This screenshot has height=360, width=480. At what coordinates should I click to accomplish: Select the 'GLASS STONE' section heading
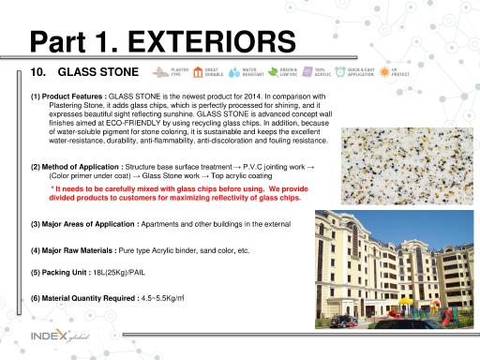click(98, 72)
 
